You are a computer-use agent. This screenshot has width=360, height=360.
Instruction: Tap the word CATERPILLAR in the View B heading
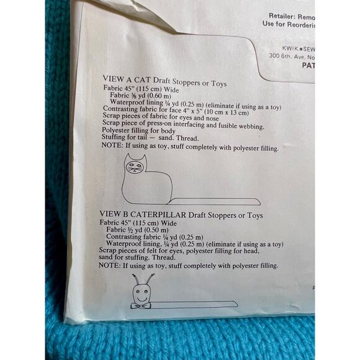[155, 215]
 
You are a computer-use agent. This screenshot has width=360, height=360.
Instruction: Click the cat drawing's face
[134, 166]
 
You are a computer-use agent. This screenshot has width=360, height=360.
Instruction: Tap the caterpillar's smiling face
[141, 294]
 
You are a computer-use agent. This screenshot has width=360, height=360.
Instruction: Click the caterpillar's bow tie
[140, 305]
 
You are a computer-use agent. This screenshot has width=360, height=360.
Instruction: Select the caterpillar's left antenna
[135, 281]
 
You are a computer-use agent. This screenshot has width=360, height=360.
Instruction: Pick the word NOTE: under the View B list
[110, 265]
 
